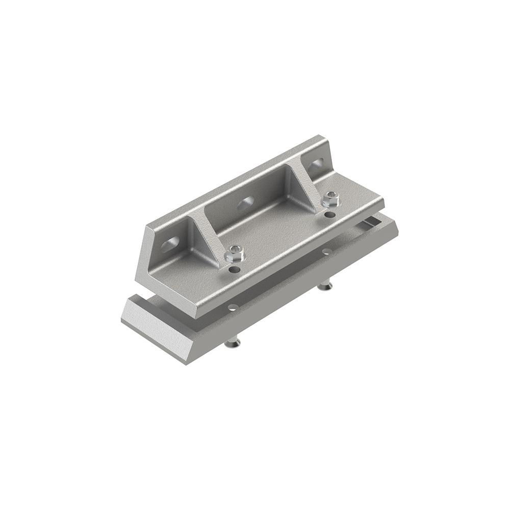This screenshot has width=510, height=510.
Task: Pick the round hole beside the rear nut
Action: [330, 214]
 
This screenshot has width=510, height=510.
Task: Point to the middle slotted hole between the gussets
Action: [246, 202]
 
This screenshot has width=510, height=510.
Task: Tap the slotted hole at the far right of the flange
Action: [317, 164]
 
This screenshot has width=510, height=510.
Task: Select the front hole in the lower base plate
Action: [233, 308]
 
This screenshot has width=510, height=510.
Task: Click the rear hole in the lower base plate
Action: [326, 251]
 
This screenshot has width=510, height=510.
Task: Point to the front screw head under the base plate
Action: [233, 344]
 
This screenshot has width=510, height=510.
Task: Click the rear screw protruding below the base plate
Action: [325, 287]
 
